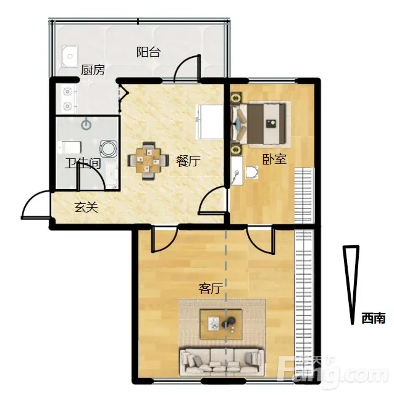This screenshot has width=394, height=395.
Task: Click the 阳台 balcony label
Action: [148, 52]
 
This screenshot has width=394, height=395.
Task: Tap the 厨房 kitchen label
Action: [93, 70]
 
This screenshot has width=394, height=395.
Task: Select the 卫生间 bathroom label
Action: [83, 163]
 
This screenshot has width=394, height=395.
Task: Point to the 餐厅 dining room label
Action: [188, 161]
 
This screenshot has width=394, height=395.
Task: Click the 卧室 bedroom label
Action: [274, 159]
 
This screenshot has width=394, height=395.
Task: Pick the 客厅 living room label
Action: [211, 288]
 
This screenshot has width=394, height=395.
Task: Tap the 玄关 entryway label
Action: [86, 207]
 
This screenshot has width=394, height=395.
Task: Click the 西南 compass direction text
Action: [374, 319]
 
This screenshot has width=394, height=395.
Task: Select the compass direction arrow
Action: [351, 285]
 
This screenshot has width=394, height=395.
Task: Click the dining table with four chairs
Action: [148, 161]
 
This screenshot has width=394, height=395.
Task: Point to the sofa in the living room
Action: [222, 362]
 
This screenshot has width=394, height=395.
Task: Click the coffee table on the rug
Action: [221, 325]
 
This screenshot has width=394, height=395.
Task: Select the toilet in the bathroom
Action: [69, 147]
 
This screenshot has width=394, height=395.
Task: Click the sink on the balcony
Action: [70, 56]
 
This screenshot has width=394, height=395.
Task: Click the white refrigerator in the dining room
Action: [210, 121]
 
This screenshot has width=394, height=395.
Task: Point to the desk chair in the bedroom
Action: [251, 173]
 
